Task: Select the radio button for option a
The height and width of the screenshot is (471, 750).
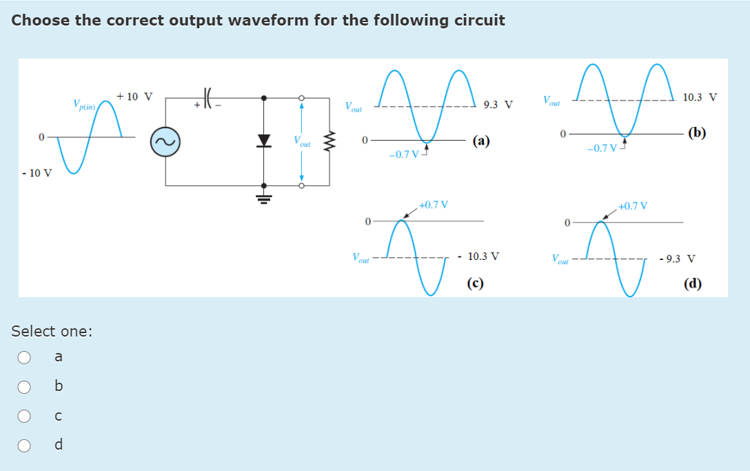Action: pyautogui.click(x=24, y=357)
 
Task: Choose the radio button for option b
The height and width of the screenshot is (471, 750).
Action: pyautogui.click(x=24, y=386)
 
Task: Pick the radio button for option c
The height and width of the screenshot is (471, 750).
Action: pyautogui.click(x=24, y=415)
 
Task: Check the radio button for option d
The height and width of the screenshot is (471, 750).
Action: pyautogui.click(x=24, y=445)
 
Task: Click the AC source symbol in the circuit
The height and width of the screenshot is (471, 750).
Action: pyautogui.click(x=165, y=142)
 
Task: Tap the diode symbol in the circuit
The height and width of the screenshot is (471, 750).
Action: pyautogui.click(x=263, y=141)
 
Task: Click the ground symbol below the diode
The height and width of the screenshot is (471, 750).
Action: pyautogui.click(x=263, y=198)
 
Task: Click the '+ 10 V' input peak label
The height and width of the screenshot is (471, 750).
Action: pyautogui.click(x=135, y=96)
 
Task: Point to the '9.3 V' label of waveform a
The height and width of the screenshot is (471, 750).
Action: pyautogui.click(x=498, y=106)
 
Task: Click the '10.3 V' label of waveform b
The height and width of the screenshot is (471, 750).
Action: pyautogui.click(x=700, y=97)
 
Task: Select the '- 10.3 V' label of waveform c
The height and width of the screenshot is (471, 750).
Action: pyautogui.click(x=479, y=257)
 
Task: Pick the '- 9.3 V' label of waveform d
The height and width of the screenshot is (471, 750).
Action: pyautogui.click(x=677, y=259)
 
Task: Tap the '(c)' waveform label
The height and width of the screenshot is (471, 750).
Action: pyautogui.click(x=474, y=282)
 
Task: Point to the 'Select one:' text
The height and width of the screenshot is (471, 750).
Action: pyautogui.click(x=52, y=331)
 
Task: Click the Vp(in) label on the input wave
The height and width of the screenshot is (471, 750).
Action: pyautogui.click(x=86, y=105)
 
